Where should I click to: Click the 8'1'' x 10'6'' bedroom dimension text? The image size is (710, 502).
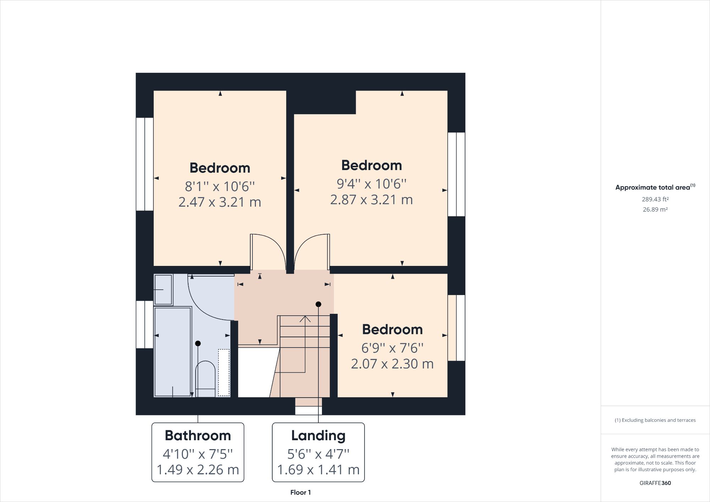coord(220,186)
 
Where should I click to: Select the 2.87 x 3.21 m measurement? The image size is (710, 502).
coord(371,200)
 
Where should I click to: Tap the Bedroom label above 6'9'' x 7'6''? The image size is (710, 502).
coord(392,329)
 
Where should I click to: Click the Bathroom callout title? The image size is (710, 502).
coord(198,436)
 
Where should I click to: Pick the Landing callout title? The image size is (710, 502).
coord(318,436)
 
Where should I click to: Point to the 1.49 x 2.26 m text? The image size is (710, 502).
coord(198,470)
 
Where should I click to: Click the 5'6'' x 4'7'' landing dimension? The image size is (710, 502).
coord(318,454)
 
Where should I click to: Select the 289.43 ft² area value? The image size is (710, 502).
coord(655,200)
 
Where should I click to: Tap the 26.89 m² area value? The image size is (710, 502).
coord(655,209)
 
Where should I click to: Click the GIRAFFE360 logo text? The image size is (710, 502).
coord(655,483)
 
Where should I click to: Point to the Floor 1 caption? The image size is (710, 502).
coord(300,492)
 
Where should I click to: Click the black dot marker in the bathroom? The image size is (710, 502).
coord(198,343)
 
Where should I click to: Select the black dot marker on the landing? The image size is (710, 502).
coord(318,304)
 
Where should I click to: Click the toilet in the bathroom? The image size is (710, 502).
coord(205,378)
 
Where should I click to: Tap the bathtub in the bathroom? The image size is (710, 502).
coord(173,351)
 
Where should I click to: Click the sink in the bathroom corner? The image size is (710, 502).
coord(163,289)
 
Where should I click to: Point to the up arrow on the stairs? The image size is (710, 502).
coord(305,319)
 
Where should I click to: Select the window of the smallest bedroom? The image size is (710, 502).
coord(457,328)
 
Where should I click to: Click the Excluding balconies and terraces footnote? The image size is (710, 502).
coord(655,420)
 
